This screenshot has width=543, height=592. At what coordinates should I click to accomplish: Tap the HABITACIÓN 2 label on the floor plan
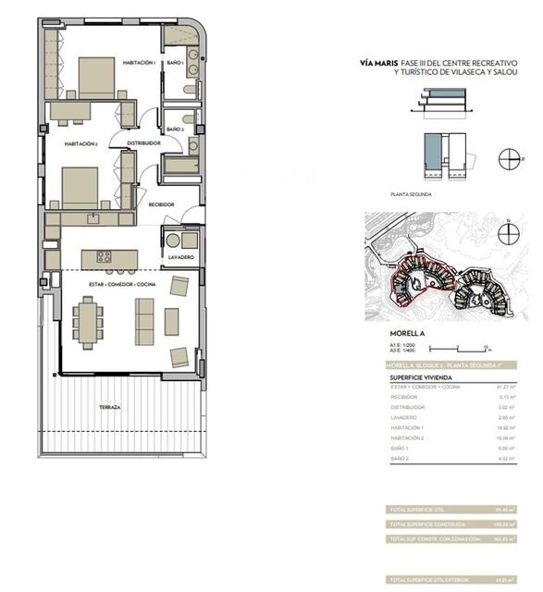[x=81, y=144]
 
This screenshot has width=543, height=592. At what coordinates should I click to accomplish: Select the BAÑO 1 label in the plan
[x=175, y=63]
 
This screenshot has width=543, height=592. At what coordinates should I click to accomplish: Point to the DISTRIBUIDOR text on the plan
[x=144, y=144]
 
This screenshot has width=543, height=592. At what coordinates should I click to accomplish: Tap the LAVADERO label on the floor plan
[x=179, y=258]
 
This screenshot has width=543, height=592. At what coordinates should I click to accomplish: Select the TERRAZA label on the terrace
[x=112, y=407]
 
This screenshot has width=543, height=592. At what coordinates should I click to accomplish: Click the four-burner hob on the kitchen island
[x=105, y=256]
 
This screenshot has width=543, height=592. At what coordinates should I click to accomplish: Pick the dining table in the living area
[x=88, y=320]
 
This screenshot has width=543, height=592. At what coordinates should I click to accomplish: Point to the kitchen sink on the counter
[x=92, y=218]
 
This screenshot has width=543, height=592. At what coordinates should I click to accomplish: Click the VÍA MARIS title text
[x=379, y=64]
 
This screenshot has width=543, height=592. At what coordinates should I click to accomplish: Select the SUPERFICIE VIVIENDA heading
[x=423, y=377]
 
